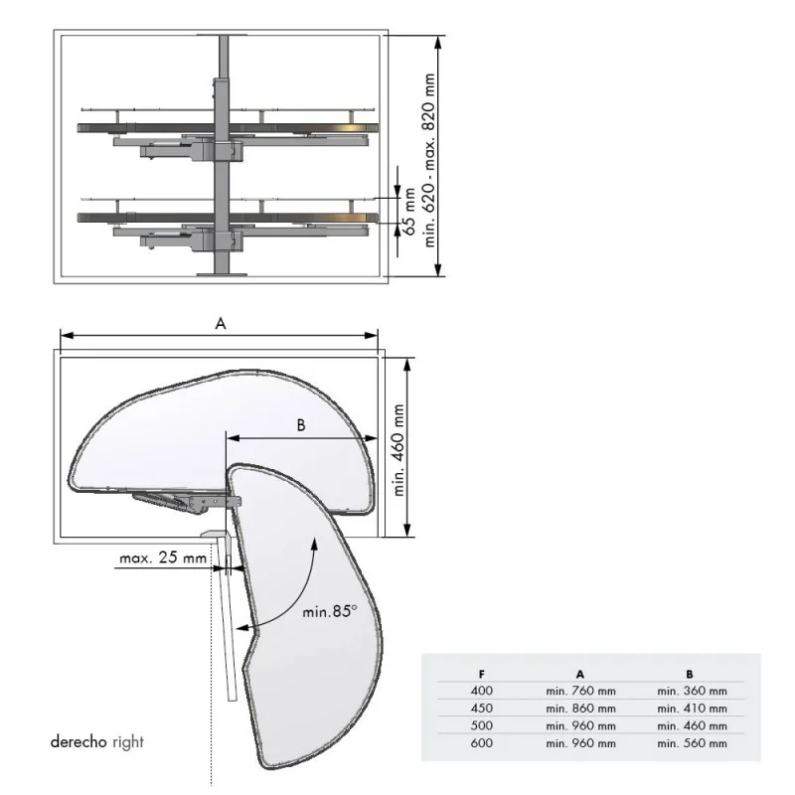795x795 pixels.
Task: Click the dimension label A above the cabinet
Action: click(x=220, y=323)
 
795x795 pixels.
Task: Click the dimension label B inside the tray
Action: click(x=301, y=425)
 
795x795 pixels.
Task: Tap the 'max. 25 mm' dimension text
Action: click(x=163, y=557)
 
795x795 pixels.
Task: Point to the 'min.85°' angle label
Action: click(x=330, y=611)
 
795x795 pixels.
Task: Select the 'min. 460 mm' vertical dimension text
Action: click(x=399, y=450)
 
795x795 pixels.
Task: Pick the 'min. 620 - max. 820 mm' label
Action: click(x=429, y=160)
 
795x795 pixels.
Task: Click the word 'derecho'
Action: click(x=79, y=741)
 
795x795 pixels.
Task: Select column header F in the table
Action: click(x=482, y=675)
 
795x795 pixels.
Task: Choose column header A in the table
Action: click(x=580, y=675)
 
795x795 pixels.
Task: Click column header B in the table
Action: click(x=690, y=675)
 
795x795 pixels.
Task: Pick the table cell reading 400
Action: click(x=482, y=691)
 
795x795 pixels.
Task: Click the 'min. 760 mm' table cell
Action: click(x=580, y=691)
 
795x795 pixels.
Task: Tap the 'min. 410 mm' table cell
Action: click(x=692, y=709)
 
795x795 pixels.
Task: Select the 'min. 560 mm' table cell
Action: click(x=692, y=743)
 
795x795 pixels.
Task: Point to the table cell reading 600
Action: click(x=482, y=742)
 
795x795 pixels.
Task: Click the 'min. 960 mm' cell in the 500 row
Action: click(x=580, y=726)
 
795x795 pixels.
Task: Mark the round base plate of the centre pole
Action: click(x=222, y=275)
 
